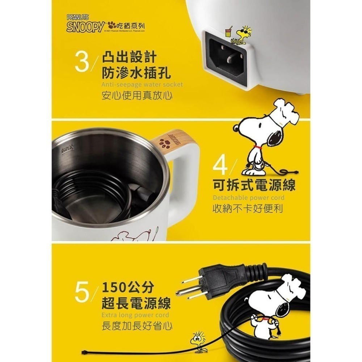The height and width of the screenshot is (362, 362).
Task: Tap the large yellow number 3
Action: (82, 62)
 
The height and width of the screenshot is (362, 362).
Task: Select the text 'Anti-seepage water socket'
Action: (142, 84)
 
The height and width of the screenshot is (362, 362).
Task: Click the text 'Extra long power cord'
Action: (135, 315)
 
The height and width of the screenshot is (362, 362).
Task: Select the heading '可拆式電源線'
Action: (253, 185)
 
